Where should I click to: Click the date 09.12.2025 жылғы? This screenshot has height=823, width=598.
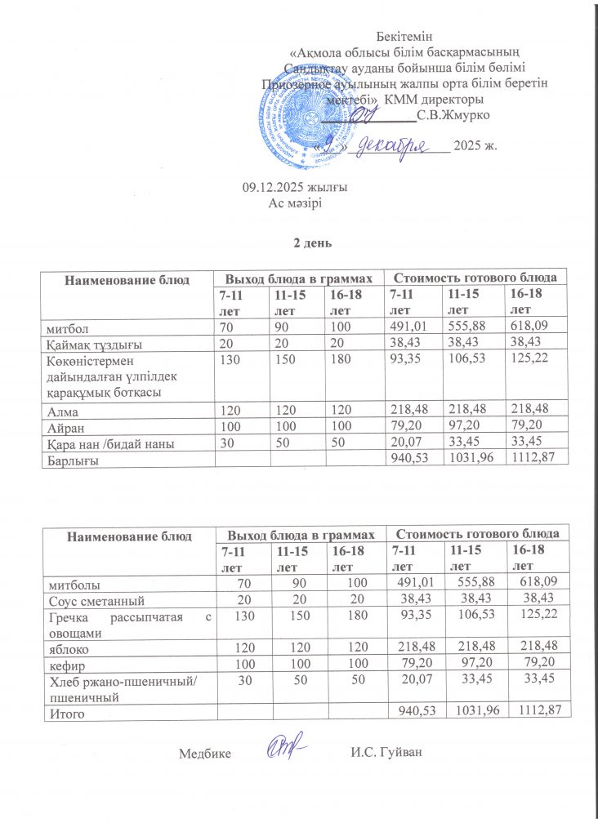pos(295,188)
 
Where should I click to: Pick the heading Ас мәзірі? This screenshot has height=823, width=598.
pos(295,202)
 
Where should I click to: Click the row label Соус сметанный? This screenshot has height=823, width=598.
pos(90,598)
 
